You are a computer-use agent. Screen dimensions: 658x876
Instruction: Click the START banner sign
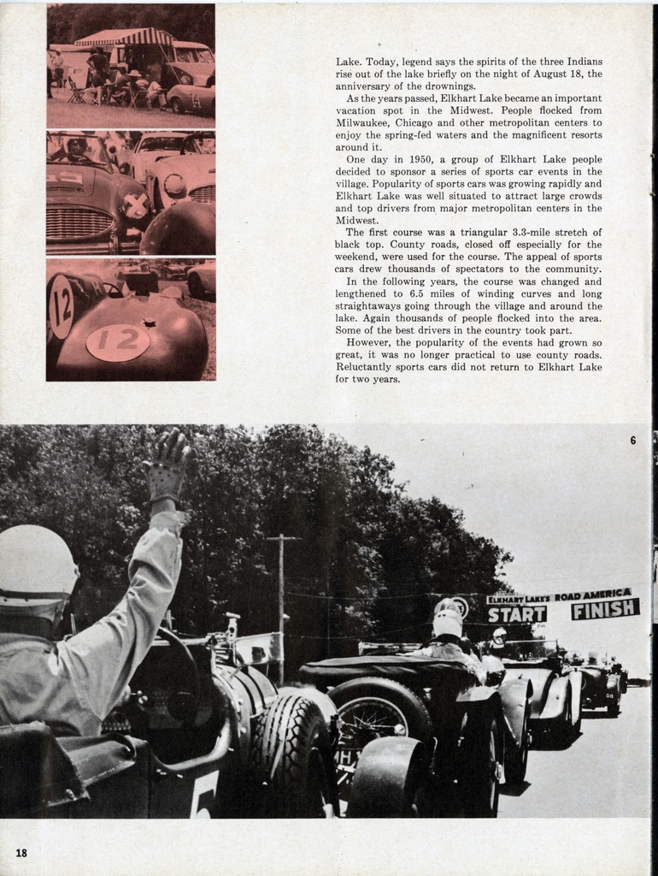516,613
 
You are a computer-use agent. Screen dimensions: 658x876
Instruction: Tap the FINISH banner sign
605,609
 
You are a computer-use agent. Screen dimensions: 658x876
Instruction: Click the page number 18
21,852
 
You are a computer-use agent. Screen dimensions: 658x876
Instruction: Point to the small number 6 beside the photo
633,441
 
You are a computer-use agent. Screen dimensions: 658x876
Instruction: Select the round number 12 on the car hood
118,342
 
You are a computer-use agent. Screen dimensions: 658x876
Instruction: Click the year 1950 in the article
422,159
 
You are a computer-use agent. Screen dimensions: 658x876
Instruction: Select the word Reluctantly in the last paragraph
367,367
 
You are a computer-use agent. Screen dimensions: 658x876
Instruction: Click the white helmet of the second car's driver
447,623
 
